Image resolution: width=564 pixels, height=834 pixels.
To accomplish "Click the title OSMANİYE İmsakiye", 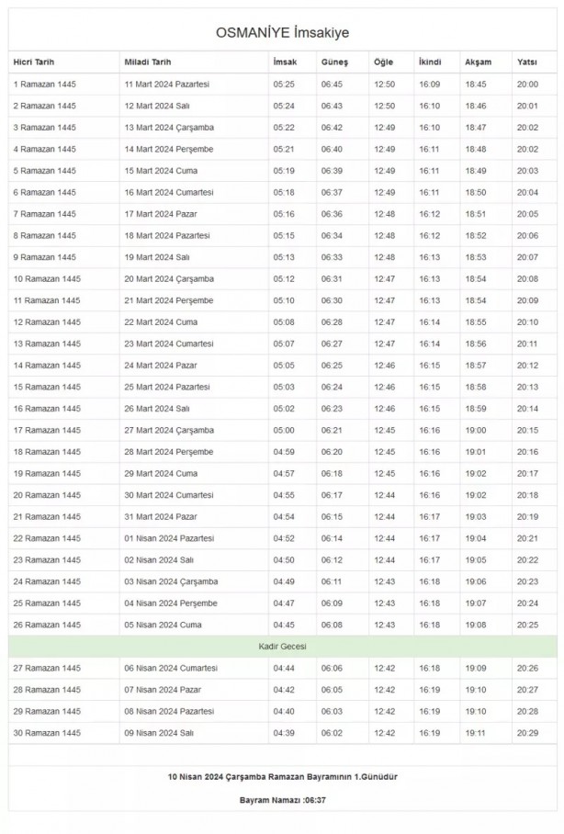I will (282, 33).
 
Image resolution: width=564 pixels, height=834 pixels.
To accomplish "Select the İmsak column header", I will (284, 62).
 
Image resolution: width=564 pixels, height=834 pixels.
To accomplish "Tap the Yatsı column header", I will (527, 62).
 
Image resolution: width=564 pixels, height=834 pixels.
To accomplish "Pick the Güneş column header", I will (334, 62).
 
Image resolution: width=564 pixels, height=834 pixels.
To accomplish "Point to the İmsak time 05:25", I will (284, 84).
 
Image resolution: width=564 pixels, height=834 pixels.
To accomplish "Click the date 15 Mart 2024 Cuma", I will (161, 171).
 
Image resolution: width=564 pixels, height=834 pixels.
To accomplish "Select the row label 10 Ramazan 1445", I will (47, 278).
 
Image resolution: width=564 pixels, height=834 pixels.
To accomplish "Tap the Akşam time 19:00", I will (476, 430).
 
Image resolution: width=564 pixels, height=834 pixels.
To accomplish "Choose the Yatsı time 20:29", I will (528, 732).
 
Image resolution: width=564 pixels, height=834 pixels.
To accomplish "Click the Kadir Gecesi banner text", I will (282, 647).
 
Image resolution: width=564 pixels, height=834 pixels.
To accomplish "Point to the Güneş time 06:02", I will (332, 732).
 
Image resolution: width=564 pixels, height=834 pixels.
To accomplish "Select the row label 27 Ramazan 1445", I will (47, 668).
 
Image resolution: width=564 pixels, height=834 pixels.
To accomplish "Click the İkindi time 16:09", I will (429, 84).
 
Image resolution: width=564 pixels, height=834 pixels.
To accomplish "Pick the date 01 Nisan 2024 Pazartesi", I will (169, 538).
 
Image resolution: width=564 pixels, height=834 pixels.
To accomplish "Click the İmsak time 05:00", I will (284, 430).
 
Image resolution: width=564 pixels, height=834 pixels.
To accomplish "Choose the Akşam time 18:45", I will (476, 84).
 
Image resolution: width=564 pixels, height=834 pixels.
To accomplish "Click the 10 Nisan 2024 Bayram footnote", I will (282, 776).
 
